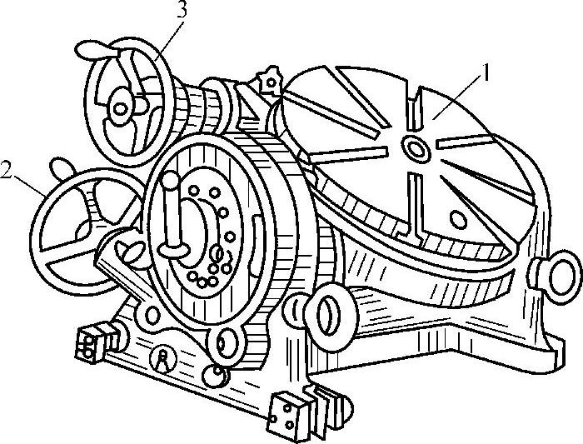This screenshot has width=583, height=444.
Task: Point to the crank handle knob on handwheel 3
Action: click(91, 51)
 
